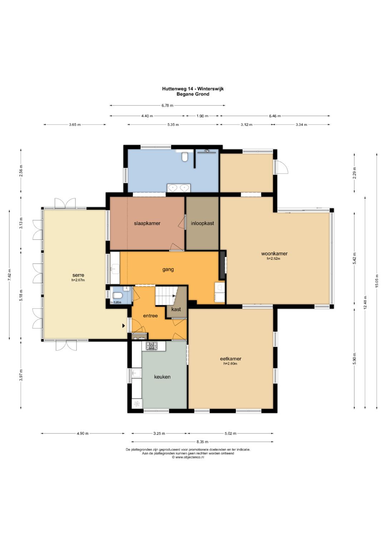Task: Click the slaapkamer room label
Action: point(147,223)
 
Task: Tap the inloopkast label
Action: point(202,223)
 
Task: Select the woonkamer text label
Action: point(274,254)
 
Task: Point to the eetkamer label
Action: point(231,359)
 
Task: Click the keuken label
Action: point(162,377)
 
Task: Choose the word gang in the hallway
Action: point(168,270)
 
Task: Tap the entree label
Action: point(150,316)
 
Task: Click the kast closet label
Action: point(176,309)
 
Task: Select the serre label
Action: point(78,275)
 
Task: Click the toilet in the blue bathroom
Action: point(184,157)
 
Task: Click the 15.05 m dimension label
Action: point(377,281)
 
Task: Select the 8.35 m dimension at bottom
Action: point(202,442)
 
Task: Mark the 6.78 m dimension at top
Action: point(167,105)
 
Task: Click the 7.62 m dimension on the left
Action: point(10,275)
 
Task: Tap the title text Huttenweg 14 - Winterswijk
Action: point(193,89)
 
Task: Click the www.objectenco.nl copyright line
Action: point(188,457)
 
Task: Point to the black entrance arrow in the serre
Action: point(124,326)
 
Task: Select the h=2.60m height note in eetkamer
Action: point(230,364)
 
